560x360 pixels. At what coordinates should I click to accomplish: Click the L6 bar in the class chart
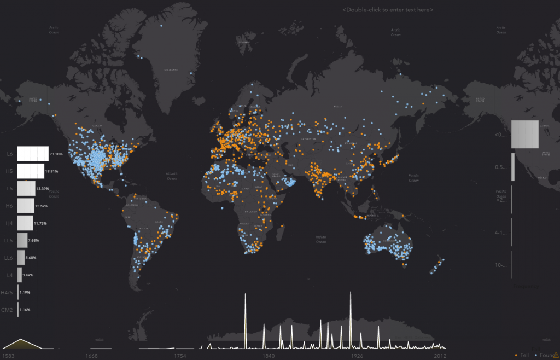33,154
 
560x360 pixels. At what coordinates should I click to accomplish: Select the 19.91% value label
52,171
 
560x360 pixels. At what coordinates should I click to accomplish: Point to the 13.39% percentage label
43,189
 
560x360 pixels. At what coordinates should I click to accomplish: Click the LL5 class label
9,240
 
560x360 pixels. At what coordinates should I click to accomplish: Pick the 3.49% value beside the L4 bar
28,275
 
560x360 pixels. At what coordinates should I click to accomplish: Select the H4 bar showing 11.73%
25,223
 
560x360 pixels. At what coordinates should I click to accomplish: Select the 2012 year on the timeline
440,356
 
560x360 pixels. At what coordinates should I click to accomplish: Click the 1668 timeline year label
92,356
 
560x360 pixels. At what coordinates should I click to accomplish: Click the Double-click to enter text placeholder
388,10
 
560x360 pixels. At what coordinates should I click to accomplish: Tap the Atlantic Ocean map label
172,176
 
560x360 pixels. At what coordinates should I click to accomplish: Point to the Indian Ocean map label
321,239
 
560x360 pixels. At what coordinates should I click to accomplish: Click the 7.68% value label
33,240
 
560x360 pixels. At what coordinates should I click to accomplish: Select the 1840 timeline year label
268,356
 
